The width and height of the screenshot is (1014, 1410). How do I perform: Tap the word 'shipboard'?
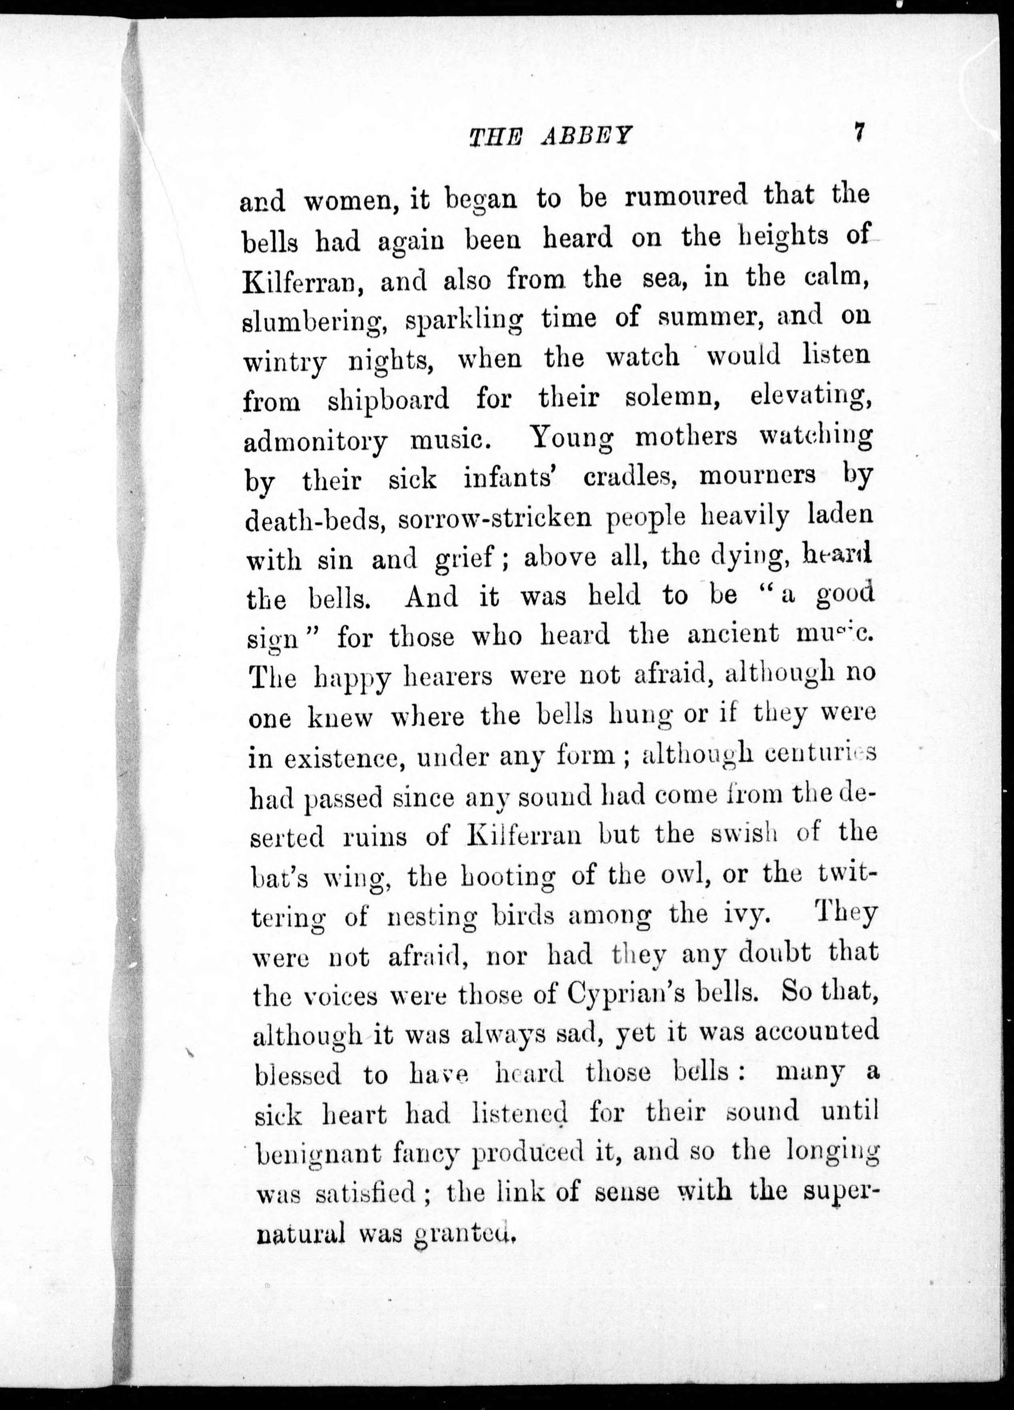[x=388, y=401]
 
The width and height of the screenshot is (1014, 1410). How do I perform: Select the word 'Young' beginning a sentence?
[x=572, y=439]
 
